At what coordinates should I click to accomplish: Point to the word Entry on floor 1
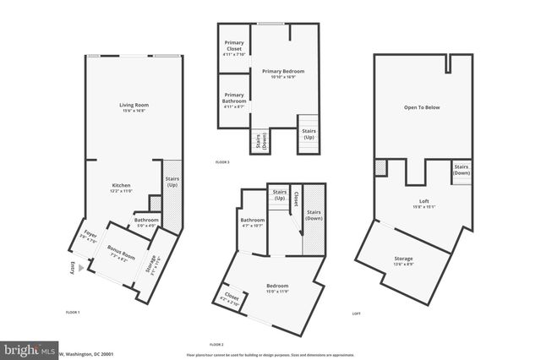coord(72,269)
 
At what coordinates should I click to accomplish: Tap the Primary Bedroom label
coord(282,74)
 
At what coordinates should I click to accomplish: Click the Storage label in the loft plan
coord(403,261)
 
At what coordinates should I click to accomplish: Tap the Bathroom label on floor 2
coord(253,224)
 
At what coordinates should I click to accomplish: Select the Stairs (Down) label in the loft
coord(462,169)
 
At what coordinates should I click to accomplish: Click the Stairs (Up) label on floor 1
coord(172,183)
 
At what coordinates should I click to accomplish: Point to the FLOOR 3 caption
coord(221,161)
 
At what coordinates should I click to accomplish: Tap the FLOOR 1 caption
coord(73,313)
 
